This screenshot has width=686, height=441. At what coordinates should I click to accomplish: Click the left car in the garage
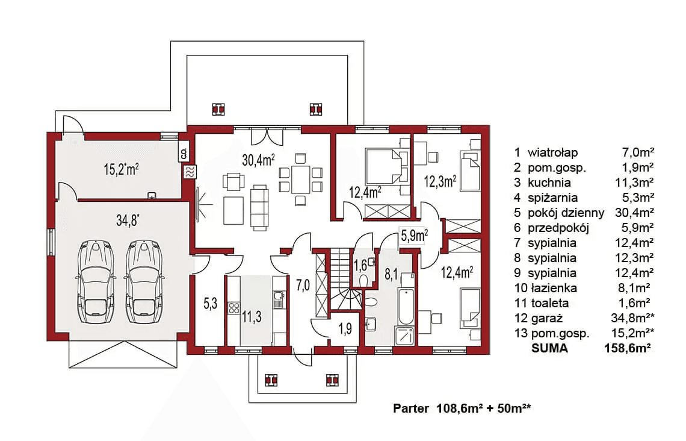96,281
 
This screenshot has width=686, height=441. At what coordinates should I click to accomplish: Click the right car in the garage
145,281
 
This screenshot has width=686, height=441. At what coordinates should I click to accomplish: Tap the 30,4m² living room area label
258,160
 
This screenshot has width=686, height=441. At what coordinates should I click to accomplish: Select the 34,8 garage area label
128,220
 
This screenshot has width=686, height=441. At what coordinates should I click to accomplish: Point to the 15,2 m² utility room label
121,169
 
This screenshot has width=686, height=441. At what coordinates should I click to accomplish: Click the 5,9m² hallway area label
414,236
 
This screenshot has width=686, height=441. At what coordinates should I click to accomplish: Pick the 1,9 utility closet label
345,328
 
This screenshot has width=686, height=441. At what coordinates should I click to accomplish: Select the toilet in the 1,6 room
363,279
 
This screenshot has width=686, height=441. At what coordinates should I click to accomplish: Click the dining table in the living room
300,179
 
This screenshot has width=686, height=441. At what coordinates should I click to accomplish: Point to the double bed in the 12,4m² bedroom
383,166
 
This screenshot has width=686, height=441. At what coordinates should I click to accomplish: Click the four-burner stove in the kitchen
233,307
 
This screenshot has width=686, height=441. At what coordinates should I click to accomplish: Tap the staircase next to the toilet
345,280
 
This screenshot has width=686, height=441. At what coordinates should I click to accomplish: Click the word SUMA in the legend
549,349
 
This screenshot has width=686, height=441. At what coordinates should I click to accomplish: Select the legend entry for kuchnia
584,183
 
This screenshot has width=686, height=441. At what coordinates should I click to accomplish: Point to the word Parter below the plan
411,408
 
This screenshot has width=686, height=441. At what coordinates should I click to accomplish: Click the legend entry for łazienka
584,288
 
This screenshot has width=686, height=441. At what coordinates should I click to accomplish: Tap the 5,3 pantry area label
211,303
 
